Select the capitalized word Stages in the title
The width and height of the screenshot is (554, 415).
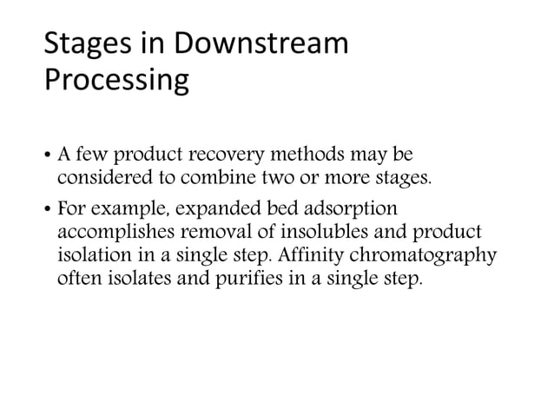pos(87,44)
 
